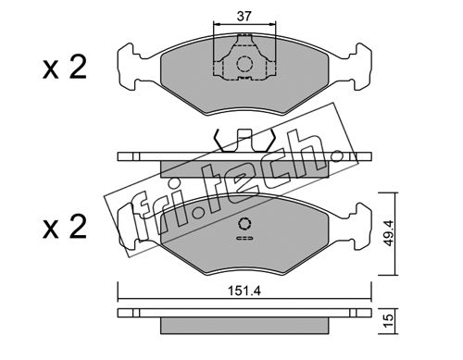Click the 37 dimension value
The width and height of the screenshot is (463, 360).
click(244, 16)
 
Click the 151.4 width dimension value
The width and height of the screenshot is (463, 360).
click(244, 291)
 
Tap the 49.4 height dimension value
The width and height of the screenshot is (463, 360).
click(389, 233)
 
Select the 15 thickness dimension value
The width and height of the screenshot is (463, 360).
click(389, 321)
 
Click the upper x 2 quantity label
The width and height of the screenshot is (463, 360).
click(65, 68)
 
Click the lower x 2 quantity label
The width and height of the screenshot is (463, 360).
click(65, 228)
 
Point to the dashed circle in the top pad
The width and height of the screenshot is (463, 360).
click(244, 64)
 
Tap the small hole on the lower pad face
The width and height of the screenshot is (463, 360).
click(244, 224)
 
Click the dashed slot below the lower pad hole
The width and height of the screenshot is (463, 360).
click(244, 238)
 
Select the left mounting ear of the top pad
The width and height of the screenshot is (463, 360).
click(128, 67)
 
